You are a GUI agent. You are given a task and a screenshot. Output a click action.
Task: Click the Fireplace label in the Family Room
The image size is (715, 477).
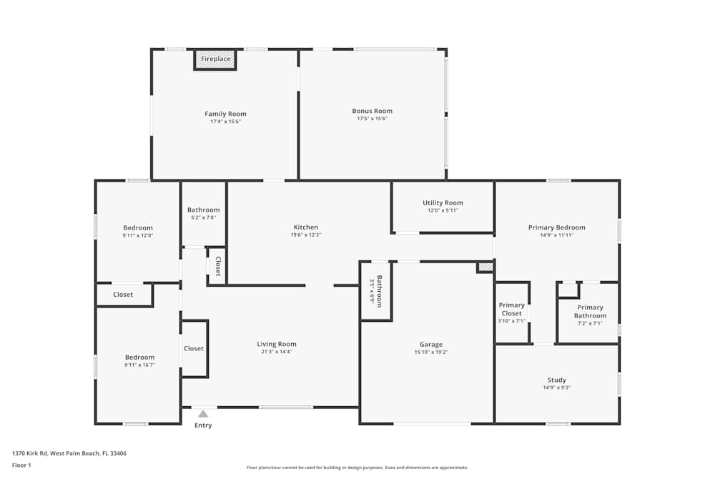point(215,59)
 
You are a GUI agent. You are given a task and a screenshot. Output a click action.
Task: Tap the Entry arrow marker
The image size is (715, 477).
point(203,413)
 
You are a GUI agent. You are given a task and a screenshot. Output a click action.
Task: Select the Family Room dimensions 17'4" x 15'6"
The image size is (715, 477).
point(225,122)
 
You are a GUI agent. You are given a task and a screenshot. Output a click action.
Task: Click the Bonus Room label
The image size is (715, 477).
point(372,111)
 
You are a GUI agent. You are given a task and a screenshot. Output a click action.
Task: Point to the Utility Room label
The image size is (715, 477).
point(443,203)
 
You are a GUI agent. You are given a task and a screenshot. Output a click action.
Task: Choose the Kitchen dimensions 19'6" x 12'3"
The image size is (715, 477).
point(305,235)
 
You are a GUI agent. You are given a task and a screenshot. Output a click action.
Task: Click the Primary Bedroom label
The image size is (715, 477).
point(556,227)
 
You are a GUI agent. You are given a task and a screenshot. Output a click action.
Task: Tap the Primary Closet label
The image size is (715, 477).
point(511,309)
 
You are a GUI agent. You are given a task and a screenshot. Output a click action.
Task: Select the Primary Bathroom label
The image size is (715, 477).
point(591,311)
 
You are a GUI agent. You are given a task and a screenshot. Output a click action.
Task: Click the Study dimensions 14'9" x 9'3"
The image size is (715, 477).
point(556,388)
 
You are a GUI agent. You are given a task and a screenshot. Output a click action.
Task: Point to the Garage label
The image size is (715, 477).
point(430,344)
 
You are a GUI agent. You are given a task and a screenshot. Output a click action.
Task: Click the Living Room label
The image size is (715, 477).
point(277,344)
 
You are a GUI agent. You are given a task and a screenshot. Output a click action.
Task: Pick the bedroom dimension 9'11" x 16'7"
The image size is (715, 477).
point(139,365)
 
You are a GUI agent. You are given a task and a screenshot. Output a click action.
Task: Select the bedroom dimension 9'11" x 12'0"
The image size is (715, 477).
point(138,235)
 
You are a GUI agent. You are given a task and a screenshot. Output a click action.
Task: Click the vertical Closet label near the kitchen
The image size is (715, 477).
point(218,266)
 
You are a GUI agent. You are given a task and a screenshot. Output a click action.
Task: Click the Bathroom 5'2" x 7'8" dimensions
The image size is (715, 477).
point(204,217)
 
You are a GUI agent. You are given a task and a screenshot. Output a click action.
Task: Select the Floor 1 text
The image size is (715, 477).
point(21,465)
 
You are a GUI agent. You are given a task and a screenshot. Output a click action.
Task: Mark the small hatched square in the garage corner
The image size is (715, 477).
point(485,267)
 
